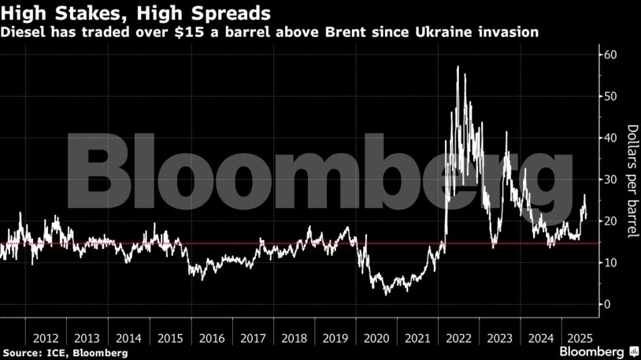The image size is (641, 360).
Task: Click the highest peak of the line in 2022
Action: [458, 67]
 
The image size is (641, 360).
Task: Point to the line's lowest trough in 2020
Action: [386, 294]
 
